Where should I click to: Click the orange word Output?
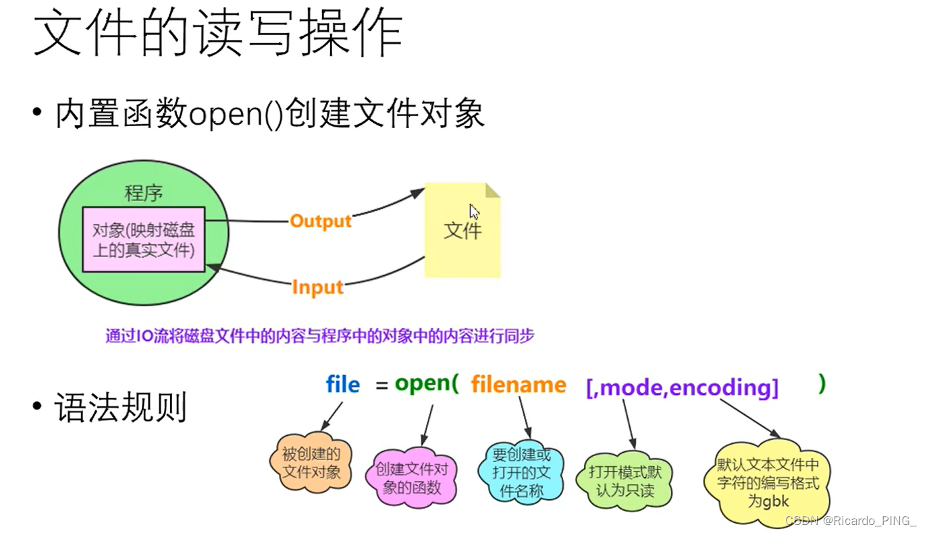[x=321, y=221]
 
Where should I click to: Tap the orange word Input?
[x=317, y=287]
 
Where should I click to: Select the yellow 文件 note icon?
[x=462, y=230]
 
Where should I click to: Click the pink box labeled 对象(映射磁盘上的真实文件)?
[x=144, y=240]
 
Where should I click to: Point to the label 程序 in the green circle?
[x=143, y=194]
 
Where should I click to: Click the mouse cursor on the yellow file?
[x=474, y=211]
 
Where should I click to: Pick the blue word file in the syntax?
[x=342, y=385]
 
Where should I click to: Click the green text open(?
[x=426, y=384]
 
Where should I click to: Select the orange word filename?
[x=519, y=385]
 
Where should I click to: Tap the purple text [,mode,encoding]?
[x=683, y=387]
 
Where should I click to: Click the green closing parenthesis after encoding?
[x=821, y=384]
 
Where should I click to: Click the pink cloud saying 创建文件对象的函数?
[x=411, y=478]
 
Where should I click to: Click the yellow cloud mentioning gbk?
[x=768, y=483]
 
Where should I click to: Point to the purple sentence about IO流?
[x=319, y=335]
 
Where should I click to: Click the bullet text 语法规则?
[x=120, y=408]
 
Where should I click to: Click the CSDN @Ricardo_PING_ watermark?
[x=851, y=520]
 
